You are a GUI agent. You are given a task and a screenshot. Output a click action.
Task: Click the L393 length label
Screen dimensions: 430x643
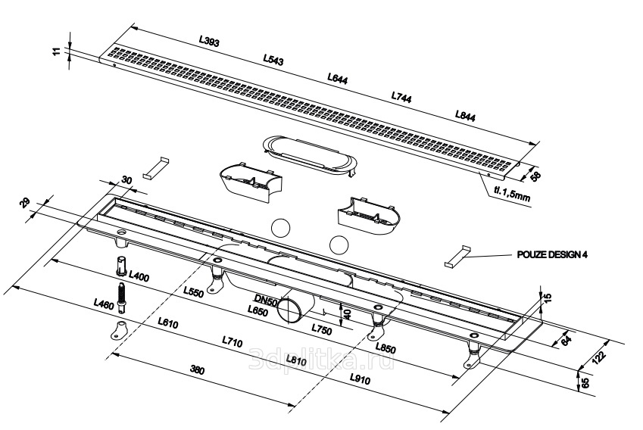[x=210, y=43]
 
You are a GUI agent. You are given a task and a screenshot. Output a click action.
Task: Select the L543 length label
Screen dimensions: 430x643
[x=273, y=60]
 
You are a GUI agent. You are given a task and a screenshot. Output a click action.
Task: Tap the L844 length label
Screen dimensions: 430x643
[x=466, y=115]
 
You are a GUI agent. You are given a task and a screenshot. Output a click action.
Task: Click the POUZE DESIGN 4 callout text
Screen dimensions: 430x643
[x=553, y=255]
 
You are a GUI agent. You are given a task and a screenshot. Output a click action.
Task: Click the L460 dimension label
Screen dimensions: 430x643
[x=104, y=304]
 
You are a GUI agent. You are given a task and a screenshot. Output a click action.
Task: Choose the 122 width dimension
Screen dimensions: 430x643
[x=599, y=357]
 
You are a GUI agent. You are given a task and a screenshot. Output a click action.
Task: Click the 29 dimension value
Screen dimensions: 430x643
[x=24, y=202]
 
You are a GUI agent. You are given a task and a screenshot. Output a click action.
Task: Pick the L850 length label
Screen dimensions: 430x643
[x=385, y=348]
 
